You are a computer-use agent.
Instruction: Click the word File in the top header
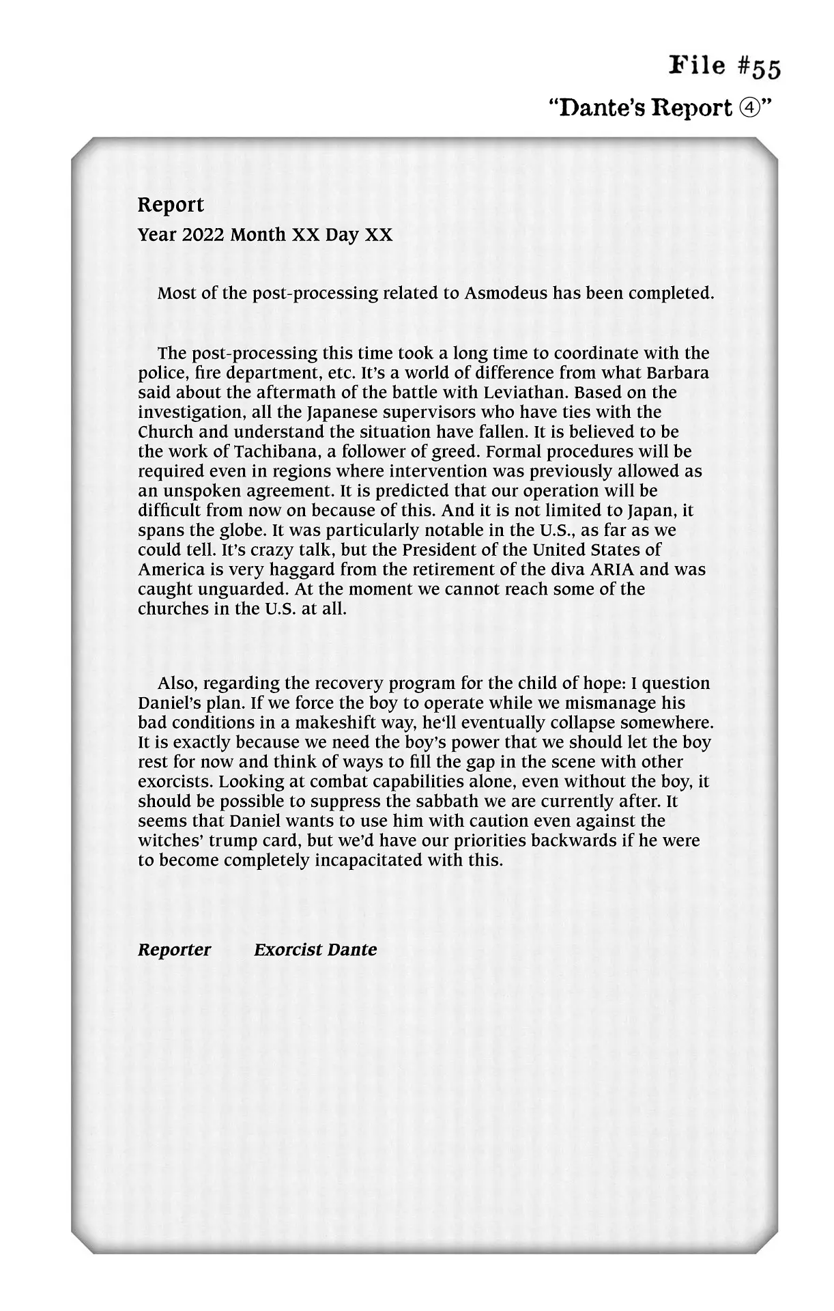point(698,66)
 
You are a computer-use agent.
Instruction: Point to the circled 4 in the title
point(747,108)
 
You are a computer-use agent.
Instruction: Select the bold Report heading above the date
point(171,205)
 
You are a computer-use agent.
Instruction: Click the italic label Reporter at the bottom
point(174,950)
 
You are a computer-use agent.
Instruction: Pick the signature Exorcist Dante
point(315,950)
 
